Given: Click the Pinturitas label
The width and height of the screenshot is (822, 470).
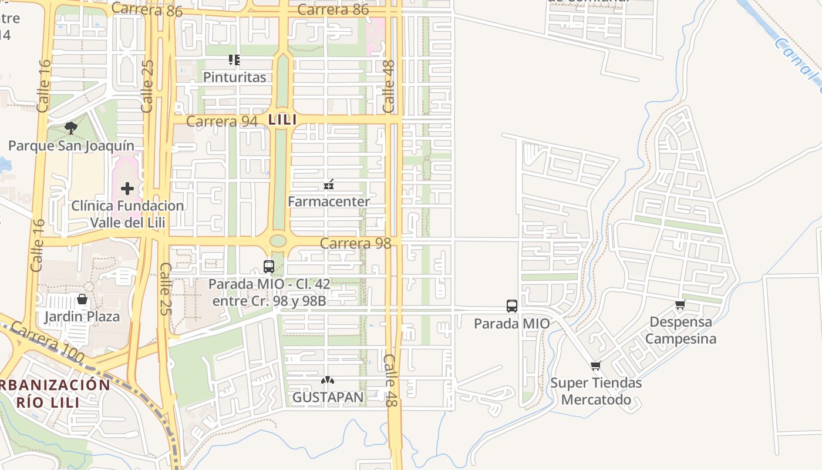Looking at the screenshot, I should tap(234, 77).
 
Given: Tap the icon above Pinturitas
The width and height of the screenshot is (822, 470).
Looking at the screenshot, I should tap(234, 59).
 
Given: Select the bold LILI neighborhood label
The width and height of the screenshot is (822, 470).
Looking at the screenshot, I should tap(282, 120).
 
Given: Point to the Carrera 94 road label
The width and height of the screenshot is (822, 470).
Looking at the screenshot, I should tap(221, 122).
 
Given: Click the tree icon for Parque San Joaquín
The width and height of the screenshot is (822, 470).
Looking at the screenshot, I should tap(71, 128).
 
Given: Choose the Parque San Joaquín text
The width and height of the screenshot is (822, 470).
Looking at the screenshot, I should tap(71, 146).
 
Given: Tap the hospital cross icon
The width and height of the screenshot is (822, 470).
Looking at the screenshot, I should tap(127, 189).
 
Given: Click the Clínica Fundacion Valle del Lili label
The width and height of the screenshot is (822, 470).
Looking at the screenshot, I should tap(127, 214).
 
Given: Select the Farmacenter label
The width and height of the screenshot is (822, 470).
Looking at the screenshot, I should tap(329, 202).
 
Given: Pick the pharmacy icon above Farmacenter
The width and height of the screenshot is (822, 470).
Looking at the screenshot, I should tap(329, 184).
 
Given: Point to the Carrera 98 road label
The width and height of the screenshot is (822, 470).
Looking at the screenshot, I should tap(356, 243).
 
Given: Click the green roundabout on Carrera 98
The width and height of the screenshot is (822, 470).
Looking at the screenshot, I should tap(278, 241).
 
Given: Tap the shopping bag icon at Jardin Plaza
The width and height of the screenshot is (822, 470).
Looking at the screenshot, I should tap(82, 299).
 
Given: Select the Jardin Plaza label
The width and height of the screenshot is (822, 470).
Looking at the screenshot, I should tap(82, 317).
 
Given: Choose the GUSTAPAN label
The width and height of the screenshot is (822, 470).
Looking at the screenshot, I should tap(328, 398).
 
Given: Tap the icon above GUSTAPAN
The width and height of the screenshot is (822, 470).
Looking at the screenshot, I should tap(328, 381).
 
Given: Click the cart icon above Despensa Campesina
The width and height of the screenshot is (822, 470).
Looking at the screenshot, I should tap(680, 304).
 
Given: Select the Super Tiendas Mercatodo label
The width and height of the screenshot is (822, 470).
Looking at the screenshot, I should tap(596, 391).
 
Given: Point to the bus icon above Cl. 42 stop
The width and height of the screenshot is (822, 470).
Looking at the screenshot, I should tap(269, 267).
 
